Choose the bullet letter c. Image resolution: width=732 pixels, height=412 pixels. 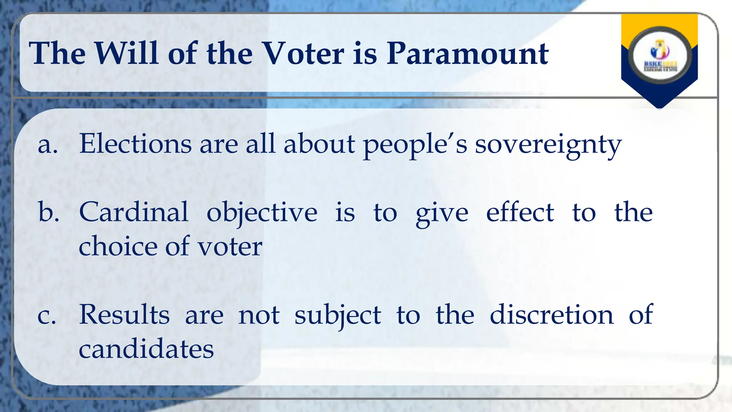pos(47,316)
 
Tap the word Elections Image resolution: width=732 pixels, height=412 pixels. pos(135,144)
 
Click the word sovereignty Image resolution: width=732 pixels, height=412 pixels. pos(548,145)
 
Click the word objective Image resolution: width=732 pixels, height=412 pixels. pos(262,213)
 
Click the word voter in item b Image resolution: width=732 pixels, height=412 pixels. pos(230,247)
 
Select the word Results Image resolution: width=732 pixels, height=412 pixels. pos(124,315)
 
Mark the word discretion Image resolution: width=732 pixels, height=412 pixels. pos(551,315)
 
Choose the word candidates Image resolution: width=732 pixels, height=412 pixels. pos(146,349)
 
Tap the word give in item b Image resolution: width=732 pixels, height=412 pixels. pos(442,214)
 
